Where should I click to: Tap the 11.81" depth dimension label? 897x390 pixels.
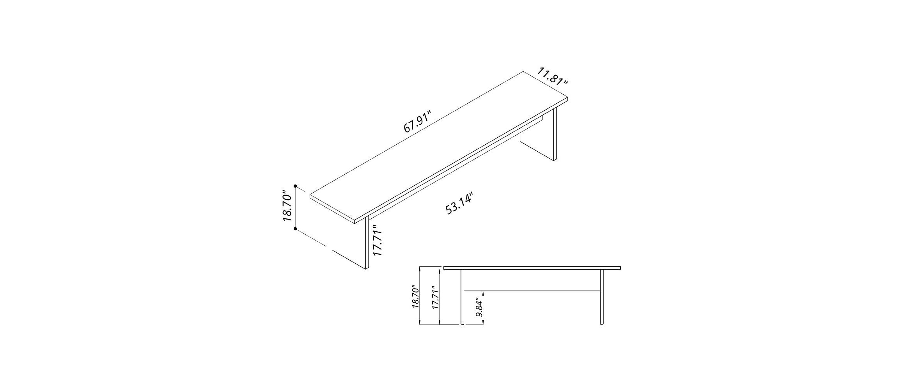(x=553, y=77)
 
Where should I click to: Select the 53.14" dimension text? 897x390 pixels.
(x=459, y=203)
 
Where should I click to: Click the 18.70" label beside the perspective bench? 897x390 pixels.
(x=287, y=206)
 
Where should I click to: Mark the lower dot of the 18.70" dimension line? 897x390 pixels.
(x=296, y=229)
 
